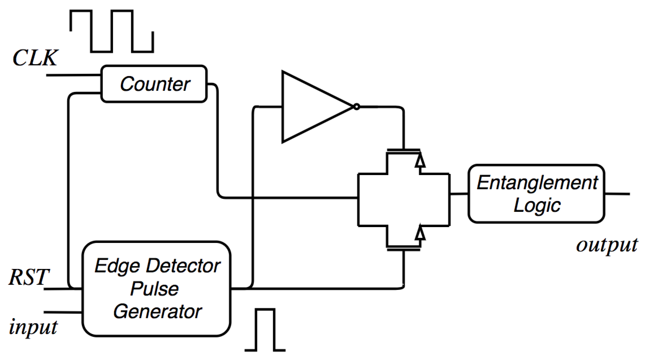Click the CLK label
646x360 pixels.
35,58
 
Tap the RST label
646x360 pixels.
29,277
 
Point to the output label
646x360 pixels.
606,245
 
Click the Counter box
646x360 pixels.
154,84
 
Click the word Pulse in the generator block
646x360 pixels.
155,289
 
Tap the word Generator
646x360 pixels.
157,311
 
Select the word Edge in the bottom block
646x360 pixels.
117,266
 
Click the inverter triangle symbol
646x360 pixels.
311,107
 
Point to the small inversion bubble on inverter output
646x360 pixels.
357,107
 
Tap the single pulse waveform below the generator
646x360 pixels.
265,330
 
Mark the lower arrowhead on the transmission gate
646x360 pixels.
420,233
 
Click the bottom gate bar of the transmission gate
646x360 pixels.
404,250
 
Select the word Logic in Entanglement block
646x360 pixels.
537,206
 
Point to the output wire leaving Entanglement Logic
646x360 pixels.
617,193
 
